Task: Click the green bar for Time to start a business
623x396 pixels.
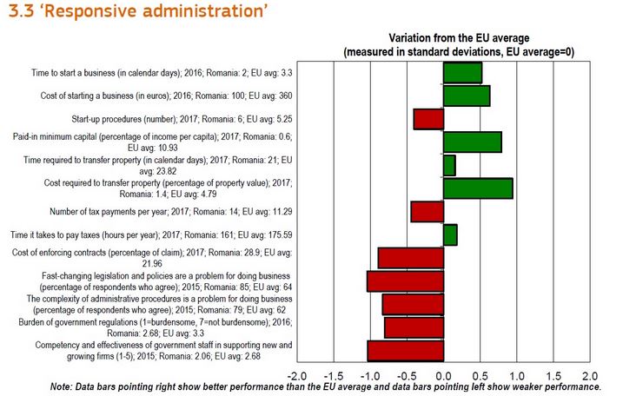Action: tap(462, 72)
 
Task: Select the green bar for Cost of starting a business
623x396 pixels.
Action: tap(467, 96)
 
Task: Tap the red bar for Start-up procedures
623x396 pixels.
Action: tap(428, 119)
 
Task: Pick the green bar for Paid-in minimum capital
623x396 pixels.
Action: tap(472, 142)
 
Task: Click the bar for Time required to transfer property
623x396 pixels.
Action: tap(449, 165)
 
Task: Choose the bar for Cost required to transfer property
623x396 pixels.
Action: tap(478, 188)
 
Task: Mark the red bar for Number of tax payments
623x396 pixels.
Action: tap(427, 211)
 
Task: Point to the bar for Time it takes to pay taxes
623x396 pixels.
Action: tap(450, 234)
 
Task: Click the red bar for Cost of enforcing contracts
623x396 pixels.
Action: tap(411, 258)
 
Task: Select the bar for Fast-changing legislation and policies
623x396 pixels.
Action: tap(405, 280)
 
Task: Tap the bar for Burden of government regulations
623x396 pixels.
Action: tap(414, 327)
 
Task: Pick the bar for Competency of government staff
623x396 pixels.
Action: tap(406, 350)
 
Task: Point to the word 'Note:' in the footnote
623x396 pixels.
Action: tap(63, 387)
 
